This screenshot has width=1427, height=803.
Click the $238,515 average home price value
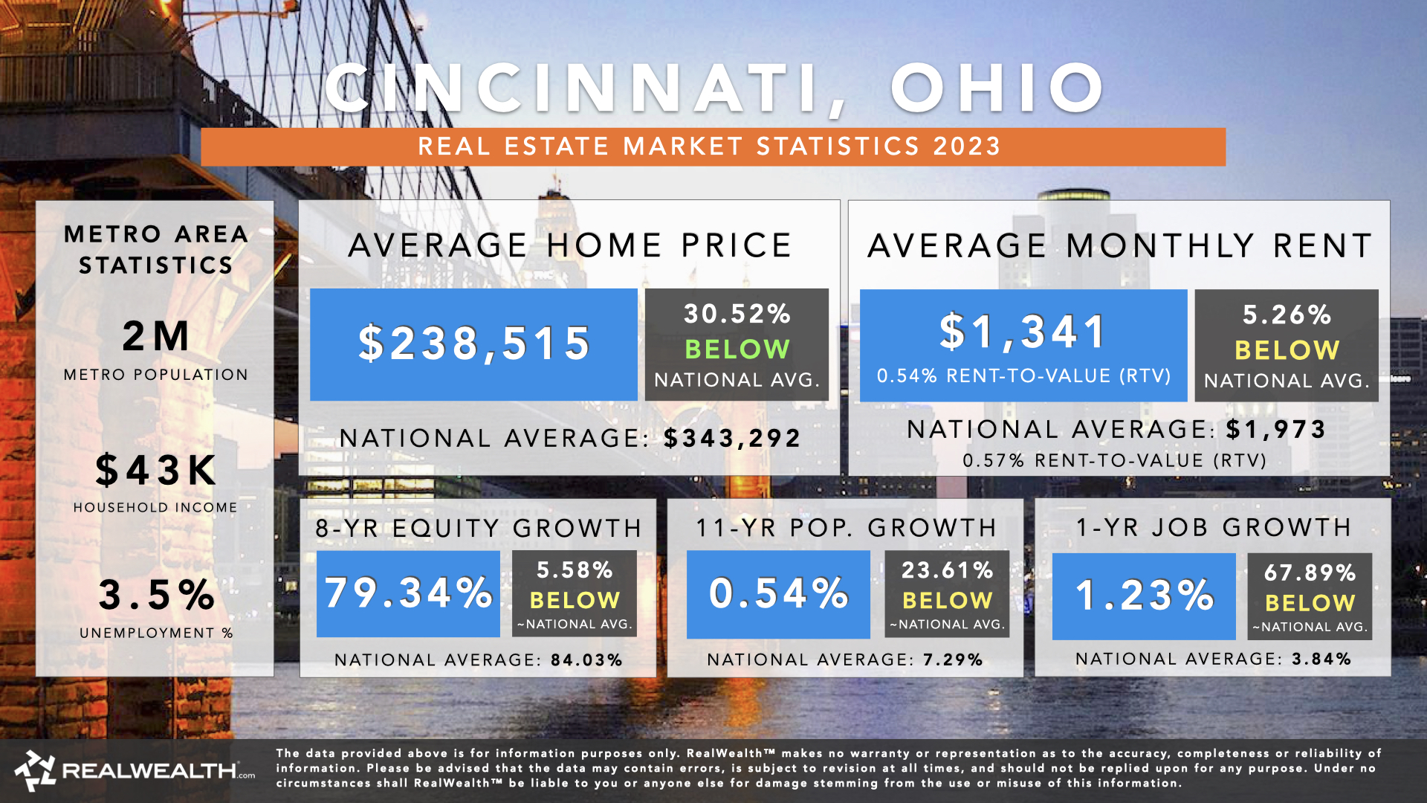[474, 344]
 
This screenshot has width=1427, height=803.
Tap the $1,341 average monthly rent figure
[1023, 332]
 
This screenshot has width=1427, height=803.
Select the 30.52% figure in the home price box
[737, 314]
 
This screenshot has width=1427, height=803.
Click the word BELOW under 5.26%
[1287, 349]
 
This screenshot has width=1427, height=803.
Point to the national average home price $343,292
[732, 438]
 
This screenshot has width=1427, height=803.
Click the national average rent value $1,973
[1275, 429]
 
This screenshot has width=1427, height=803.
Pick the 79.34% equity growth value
[408, 593]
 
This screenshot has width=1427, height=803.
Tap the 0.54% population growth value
[778, 593]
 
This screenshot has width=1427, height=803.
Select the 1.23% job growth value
[1144, 596]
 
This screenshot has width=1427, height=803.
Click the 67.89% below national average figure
[1310, 573]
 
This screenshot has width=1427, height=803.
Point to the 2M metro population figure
[156, 336]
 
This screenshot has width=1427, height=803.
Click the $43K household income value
[156, 471]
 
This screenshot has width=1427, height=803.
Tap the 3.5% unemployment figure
[156, 595]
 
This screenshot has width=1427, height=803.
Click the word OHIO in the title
[997, 88]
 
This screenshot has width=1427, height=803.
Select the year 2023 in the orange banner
[967, 146]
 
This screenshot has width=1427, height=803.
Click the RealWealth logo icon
[35, 771]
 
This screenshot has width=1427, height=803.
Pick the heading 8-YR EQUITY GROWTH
[478, 528]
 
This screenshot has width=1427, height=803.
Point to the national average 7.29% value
[953, 660]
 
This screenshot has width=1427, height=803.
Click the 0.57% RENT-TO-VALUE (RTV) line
[1114, 461]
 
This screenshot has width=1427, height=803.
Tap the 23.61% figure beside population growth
[947, 570]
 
